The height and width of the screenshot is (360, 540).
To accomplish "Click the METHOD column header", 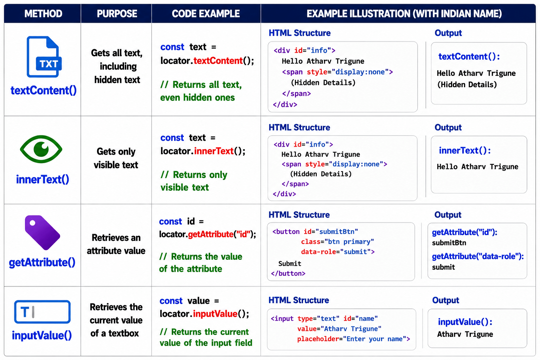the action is (x=43, y=13).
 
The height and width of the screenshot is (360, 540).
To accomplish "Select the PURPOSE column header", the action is (x=117, y=13).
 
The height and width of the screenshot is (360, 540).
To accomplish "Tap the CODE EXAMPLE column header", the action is (x=206, y=13).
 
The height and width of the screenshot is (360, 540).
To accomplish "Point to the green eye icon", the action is (x=41, y=149).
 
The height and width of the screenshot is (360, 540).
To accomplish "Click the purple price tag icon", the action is (x=42, y=232).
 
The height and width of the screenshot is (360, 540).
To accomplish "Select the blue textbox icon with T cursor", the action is (x=43, y=312).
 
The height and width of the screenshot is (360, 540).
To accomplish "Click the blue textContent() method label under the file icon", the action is (x=44, y=91).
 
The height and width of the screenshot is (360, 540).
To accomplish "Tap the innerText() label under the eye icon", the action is (x=43, y=179).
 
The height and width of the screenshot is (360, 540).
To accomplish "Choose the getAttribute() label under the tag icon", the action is (x=42, y=262).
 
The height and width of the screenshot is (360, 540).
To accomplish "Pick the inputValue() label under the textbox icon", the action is (x=42, y=335).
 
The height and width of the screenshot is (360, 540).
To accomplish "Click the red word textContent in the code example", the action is (x=218, y=61).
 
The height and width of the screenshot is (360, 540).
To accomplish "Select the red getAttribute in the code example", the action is (x=211, y=234).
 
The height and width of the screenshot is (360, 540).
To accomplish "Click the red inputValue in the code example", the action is (x=215, y=314).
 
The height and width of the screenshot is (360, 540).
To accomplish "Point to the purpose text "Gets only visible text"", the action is (x=116, y=158).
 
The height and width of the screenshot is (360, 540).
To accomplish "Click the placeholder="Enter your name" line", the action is (x=354, y=339).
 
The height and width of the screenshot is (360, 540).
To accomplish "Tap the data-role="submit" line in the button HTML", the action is (x=338, y=252).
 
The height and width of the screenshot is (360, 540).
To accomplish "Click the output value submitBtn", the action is (x=449, y=243).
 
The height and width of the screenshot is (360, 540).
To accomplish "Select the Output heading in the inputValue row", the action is (x=445, y=300).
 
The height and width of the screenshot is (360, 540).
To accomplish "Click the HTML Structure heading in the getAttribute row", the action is (x=299, y=214).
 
